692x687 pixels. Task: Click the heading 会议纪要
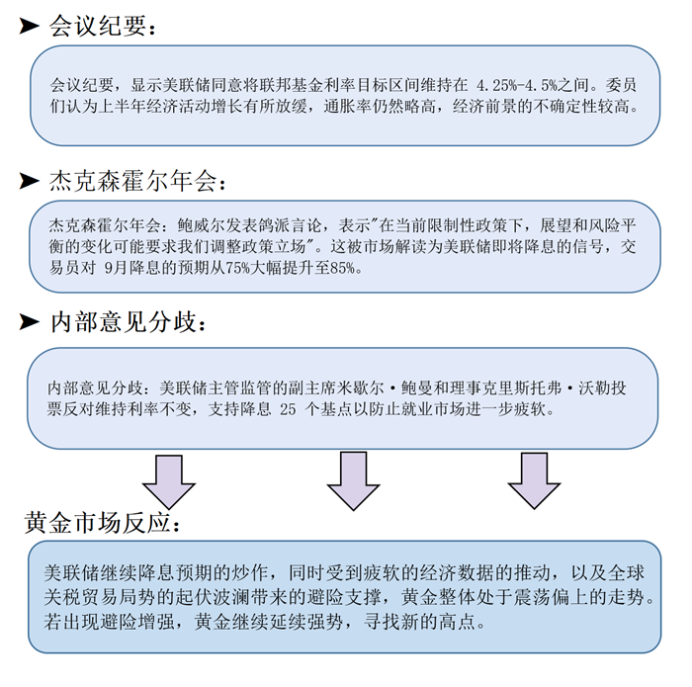click(98, 26)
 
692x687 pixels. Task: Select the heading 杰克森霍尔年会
click(133, 181)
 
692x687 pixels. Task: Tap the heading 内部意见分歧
click(124, 321)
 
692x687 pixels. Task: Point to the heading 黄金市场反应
click(98, 523)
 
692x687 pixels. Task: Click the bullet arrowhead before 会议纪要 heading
click(29, 26)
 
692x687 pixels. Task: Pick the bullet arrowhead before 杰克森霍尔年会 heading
click(29, 181)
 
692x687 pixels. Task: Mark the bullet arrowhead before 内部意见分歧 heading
click(29, 321)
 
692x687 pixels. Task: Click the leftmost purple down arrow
click(169, 481)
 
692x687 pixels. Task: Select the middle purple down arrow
click(353, 481)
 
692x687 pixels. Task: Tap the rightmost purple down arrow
click(534, 481)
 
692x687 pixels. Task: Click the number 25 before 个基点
click(288, 409)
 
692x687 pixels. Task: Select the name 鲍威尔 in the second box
click(202, 226)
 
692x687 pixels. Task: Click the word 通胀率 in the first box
click(348, 107)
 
